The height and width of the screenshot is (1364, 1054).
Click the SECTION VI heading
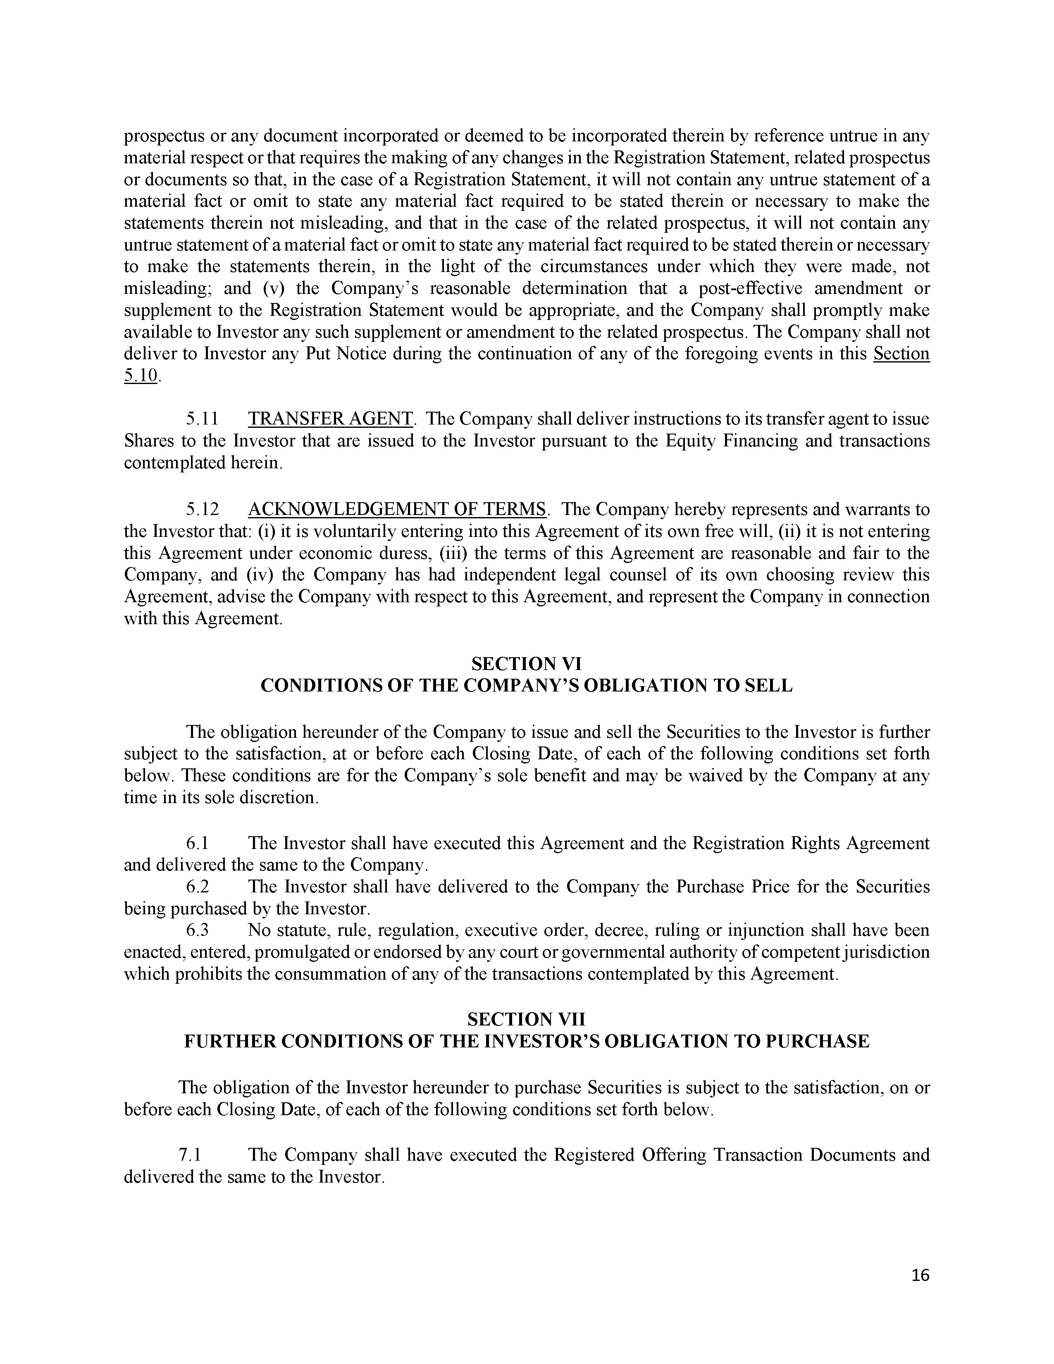pyautogui.click(x=526, y=663)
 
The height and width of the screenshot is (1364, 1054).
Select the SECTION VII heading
pyautogui.click(x=526, y=1019)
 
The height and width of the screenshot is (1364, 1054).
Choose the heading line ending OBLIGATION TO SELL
pyautogui.click(x=526, y=685)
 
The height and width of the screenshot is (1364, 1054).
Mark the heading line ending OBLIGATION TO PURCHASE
pyautogui.click(x=526, y=1041)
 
